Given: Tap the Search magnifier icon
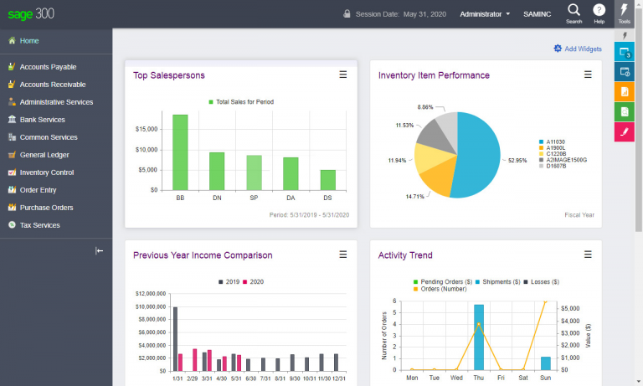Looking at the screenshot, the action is pos(574,10).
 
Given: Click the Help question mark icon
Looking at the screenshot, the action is pos(599,10).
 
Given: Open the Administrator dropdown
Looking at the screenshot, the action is pos(485,14).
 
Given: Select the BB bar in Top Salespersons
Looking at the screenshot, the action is pos(180,152).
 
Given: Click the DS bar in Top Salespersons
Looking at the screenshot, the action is pos(327,180).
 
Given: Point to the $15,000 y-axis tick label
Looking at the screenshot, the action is pos(147,129).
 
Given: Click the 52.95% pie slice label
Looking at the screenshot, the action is pos(517,161).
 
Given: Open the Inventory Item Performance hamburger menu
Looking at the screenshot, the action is pos(588,75).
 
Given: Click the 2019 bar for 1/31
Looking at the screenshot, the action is pos(176,339).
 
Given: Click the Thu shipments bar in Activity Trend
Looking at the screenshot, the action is pos(479,337).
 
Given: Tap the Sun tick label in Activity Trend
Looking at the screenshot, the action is pos(545,378).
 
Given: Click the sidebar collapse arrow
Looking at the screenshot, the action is pos(100,250).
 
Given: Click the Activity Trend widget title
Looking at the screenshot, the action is pos(405,255).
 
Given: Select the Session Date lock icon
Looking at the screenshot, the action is pos(347,13).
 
